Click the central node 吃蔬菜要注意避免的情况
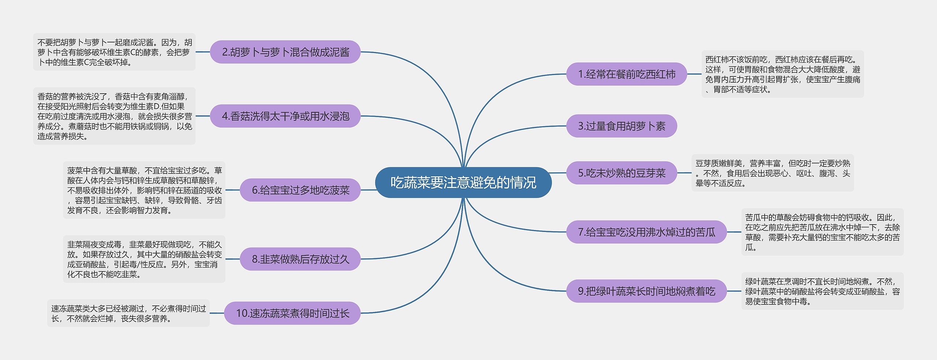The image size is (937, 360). [463, 183]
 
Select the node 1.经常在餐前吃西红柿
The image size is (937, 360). [626, 74]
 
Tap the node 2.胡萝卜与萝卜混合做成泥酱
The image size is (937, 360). [285, 52]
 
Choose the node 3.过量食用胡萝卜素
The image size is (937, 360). [621, 126]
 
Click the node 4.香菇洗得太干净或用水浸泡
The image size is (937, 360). [285, 116]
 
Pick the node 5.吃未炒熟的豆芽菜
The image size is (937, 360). [621, 173]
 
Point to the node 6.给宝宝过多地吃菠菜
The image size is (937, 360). [300, 190]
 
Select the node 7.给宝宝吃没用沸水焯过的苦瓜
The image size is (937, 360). [646, 232]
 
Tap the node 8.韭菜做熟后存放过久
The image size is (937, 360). [300, 259]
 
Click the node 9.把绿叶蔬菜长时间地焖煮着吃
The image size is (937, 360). [646, 291]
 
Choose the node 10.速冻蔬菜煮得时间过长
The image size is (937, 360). [292, 313]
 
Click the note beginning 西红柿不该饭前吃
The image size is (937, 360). [783, 74]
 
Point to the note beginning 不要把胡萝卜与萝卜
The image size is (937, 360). [114, 52]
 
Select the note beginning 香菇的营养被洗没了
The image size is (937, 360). [114, 116]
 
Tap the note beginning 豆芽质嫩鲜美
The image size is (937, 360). [772, 173]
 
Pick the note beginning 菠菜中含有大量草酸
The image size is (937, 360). [144, 190]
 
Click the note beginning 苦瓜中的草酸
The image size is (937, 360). [822, 232]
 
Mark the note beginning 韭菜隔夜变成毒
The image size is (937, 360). [144, 259]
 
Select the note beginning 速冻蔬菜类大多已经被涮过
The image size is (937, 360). [128, 314]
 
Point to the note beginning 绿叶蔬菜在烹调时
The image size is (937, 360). [822, 291]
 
